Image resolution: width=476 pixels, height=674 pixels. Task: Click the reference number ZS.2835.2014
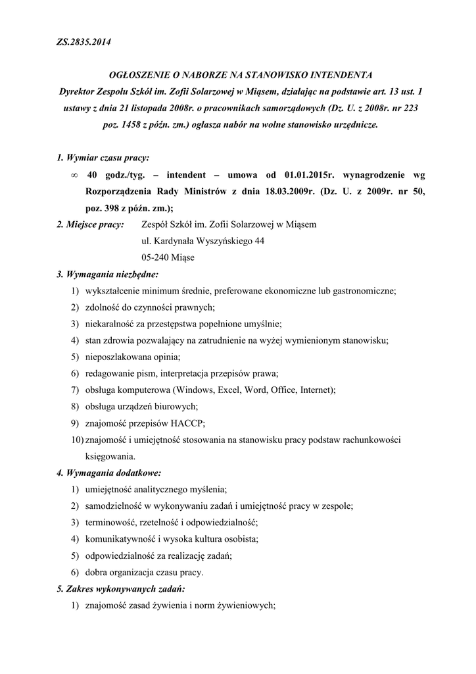click(x=83, y=43)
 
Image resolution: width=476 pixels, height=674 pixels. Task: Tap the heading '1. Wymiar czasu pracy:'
click(x=103, y=158)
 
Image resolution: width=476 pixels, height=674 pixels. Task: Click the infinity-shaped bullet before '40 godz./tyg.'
click(x=73, y=176)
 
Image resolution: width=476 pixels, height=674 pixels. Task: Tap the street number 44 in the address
click(x=259, y=241)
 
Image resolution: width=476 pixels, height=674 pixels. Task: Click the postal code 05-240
click(x=156, y=257)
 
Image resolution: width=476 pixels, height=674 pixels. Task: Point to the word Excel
click(x=225, y=390)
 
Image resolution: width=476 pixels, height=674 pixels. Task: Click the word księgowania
click(x=110, y=455)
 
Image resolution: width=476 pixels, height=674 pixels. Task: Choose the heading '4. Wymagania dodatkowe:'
click(x=108, y=472)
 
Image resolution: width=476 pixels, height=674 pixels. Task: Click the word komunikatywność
click(x=121, y=538)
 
